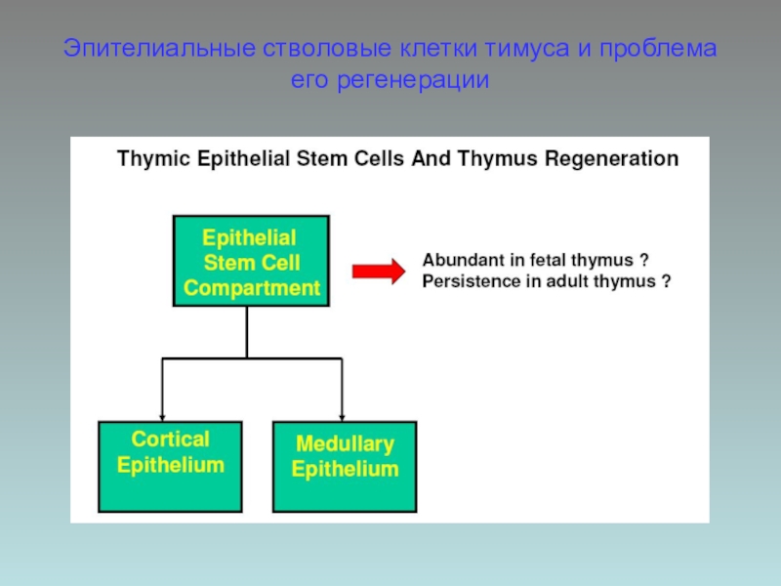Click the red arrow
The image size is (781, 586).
point(379,272)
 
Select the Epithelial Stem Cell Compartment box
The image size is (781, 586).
point(251,261)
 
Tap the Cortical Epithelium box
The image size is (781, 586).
point(170,467)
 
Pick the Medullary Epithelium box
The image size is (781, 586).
point(345,467)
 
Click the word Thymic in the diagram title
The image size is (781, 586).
point(154,159)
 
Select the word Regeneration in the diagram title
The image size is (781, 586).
point(611,159)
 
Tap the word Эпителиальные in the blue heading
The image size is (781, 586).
point(159,49)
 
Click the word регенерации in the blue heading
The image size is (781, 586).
point(413,80)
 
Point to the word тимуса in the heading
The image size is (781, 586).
point(527,49)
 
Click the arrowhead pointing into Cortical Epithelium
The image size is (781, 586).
point(162,417)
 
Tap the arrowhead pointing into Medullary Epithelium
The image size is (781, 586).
point(342,417)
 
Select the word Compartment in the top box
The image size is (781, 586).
point(252,288)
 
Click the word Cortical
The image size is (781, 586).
point(170,439)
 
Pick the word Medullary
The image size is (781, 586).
point(346,443)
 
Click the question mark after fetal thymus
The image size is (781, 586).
point(644,260)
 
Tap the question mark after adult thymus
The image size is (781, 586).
point(666,281)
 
